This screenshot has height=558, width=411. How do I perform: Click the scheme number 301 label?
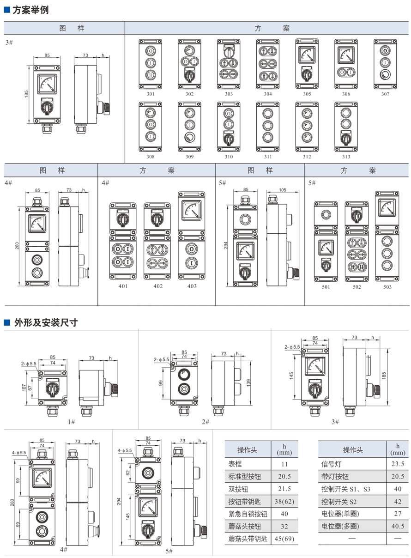[x=151, y=94]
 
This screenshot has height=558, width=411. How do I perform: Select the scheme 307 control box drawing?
[x=385, y=64]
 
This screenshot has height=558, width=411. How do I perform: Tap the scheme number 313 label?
[x=346, y=157]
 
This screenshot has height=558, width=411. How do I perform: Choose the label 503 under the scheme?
[x=387, y=287]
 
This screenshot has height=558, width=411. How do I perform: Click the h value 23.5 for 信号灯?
[x=398, y=464]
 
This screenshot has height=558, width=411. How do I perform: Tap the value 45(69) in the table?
[x=284, y=539]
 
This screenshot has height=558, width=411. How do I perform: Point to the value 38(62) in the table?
[x=284, y=501]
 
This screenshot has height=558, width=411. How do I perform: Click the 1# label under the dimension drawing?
[x=71, y=422]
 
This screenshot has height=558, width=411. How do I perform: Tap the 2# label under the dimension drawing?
[x=205, y=422]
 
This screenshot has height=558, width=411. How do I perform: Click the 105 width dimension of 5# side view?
[x=283, y=189]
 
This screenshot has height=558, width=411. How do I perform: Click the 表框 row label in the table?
[x=235, y=464]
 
